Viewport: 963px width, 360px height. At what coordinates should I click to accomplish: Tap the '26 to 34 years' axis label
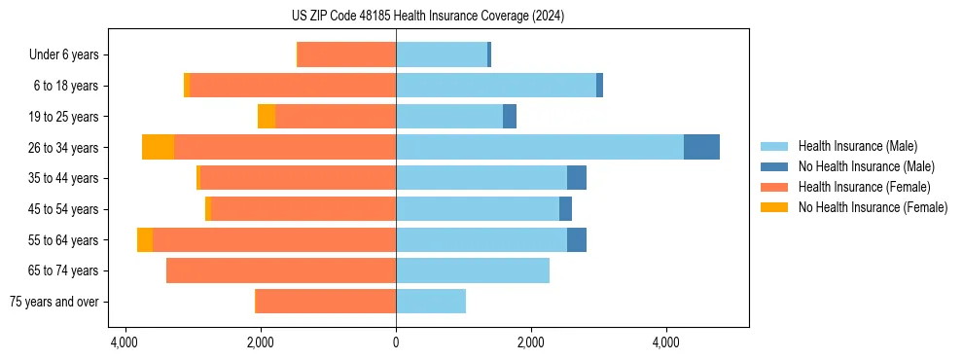click(x=65, y=148)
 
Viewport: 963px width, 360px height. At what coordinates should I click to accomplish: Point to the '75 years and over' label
click(x=54, y=302)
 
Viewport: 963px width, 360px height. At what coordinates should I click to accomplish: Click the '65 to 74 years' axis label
click(x=65, y=270)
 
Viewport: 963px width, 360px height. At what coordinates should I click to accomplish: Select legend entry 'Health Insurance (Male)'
click(x=857, y=146)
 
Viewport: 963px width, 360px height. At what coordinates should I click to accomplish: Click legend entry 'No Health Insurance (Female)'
click(x=873, y=207)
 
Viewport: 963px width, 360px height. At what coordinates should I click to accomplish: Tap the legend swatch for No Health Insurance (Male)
click(x=775, y=166)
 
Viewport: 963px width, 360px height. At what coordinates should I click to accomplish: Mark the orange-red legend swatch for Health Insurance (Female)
click(x=775, y=187)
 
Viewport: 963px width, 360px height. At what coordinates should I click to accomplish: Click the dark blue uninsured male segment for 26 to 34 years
click(x=701, y=147)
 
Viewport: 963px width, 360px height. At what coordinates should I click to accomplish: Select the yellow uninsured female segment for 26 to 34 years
click(x=158, y=147)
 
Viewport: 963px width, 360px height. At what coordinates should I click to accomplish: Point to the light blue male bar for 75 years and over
click(x=431, y=302)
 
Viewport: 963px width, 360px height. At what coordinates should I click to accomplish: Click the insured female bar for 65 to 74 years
click(x=281, y=270)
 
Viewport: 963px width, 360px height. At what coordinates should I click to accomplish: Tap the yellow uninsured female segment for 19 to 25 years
click(x=267, y=117)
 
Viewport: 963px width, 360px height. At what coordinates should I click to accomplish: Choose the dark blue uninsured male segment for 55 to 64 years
click(x=577, y=239)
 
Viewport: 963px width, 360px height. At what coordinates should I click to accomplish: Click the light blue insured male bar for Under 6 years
click(x=442, y=55)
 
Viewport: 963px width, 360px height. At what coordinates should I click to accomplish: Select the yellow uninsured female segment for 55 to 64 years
click(x=145, y=239)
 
